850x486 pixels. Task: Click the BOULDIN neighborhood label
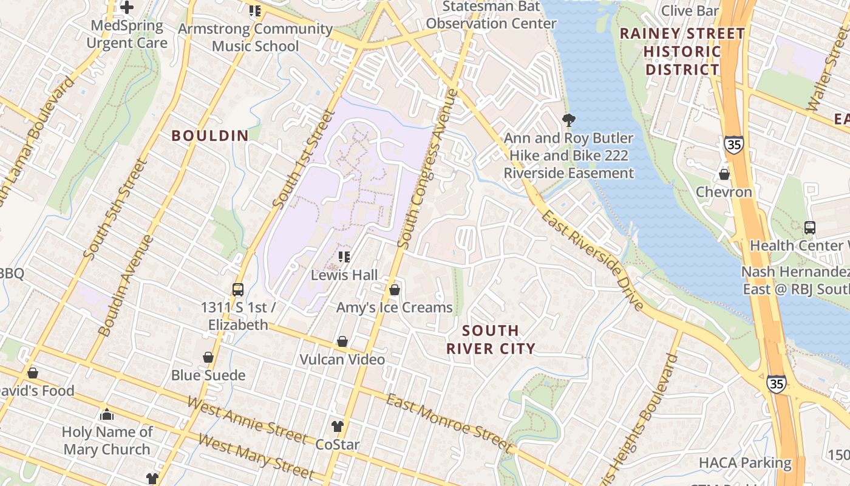pos(210,135)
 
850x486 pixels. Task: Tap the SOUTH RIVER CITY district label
pos(491,340)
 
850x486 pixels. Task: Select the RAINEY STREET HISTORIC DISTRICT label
pos(682,52)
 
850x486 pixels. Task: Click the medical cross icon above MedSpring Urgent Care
pos(127,7)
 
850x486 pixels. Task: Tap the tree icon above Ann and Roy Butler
pos(569,120)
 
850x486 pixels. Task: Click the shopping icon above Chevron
pos(724,174)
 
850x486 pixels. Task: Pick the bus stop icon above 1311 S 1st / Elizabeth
pos(238,290)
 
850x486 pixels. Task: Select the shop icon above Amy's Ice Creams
pos(395,290)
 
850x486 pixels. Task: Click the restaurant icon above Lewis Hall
pos(344,257)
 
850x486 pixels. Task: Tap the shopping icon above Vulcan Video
pos(342,341)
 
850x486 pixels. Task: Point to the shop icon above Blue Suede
pos(208,357)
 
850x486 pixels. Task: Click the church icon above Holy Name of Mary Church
pos(107,414)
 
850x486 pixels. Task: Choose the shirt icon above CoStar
pos(338,426)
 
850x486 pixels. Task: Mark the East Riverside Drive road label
pos(591,261)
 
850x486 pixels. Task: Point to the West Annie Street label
pos(246,420)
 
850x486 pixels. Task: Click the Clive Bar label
pos(690,11)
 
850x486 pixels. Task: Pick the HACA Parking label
pos(745,463)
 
